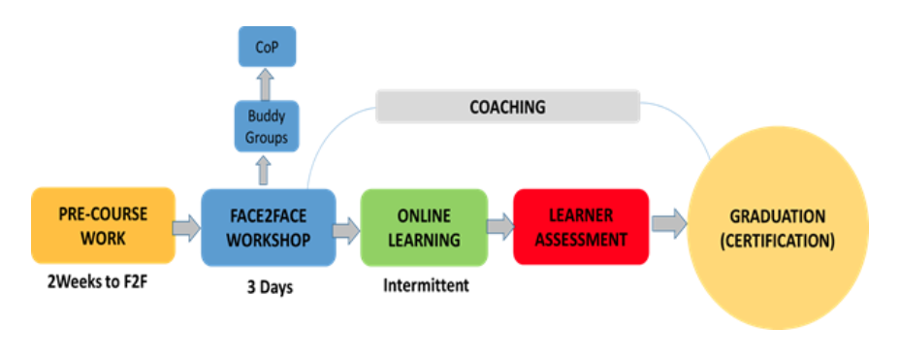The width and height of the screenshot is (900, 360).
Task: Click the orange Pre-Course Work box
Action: tap(104, 225)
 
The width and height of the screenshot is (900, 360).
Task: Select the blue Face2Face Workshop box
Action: tap(268, 227)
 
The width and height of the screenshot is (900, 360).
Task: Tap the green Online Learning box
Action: tap(422, 226)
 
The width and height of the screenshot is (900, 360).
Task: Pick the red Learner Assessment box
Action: tap(580, 225)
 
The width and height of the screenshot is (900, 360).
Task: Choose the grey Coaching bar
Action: tap(507, 106)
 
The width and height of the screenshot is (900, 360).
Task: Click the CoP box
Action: tap(267, 47)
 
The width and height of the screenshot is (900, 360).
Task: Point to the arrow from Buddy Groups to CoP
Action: tap(267, 86)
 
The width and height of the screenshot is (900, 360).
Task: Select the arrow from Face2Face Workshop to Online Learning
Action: tap(346, 230)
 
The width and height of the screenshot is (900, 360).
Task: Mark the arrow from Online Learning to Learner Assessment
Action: tap(499, 227)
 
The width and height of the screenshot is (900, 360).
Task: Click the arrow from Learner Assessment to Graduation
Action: tap(668, 225)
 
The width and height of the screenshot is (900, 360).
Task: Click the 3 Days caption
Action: tap(267, 288)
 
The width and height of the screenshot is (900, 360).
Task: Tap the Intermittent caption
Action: tap(423, 286)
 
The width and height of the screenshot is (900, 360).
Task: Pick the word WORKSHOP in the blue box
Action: tap(269, 239)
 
